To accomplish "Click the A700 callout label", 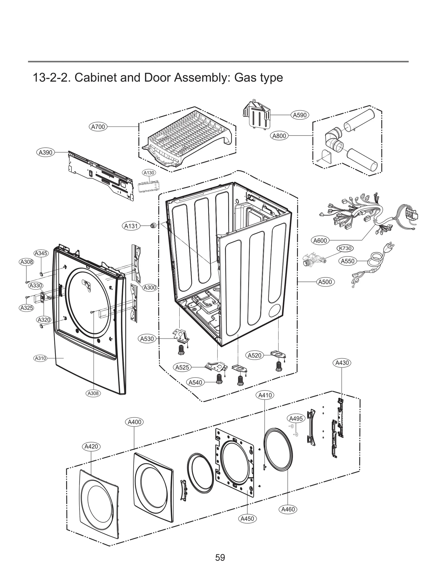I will pos(98,127).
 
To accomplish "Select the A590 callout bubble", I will pos(300,115).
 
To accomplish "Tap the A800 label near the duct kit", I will pos(279,136).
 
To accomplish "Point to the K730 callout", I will pos(345,248).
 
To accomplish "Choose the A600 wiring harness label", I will pos(320,241).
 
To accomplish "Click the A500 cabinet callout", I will pos(325,282).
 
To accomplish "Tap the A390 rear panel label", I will pos(46,152).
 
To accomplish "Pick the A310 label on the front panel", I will pos(40,358).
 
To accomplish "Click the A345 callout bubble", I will pos(41,253).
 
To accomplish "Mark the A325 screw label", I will pos(27,308).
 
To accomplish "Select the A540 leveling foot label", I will pos(195,382).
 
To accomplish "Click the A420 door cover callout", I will pos(91,447).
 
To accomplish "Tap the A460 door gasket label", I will pos(288,509).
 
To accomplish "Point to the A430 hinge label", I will pos(342,363).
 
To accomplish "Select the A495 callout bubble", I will pos(296,418).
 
